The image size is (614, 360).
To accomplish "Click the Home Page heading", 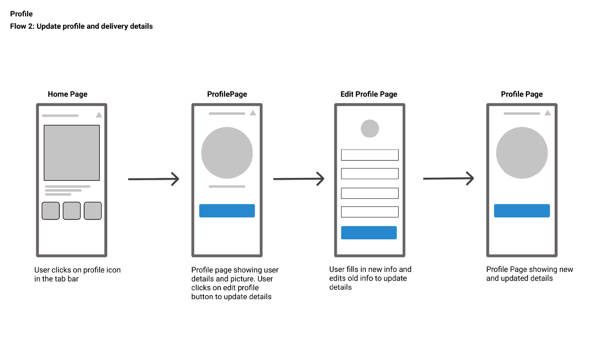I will [x=67, y=94].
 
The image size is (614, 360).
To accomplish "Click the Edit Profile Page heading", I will [x=369, y=94].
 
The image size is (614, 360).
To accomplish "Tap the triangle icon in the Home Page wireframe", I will [x=99, y=115].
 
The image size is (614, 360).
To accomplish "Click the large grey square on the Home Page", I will [x=71, y=153].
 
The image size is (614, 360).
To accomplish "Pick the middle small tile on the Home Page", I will [x=71, y=210].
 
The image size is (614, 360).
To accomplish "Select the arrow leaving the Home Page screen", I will [x=153, y=179].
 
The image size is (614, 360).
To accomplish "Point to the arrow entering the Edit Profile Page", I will [x=298, y=179].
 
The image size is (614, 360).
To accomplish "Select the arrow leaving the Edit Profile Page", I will [x=448, y=178].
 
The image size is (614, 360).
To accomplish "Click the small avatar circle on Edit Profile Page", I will [x=370, y=129].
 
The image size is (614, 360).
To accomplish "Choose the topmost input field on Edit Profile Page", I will [x=369, y=155].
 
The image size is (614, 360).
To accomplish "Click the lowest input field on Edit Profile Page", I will [x=369, y=212].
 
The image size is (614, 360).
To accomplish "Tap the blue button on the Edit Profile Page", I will [x=369, y=233].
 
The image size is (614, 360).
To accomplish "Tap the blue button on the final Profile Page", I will [x=522, y=210].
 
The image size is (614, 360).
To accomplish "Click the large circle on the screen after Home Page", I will [x=227, y=153].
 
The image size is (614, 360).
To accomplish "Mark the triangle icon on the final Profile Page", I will [x=547, y=113].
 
